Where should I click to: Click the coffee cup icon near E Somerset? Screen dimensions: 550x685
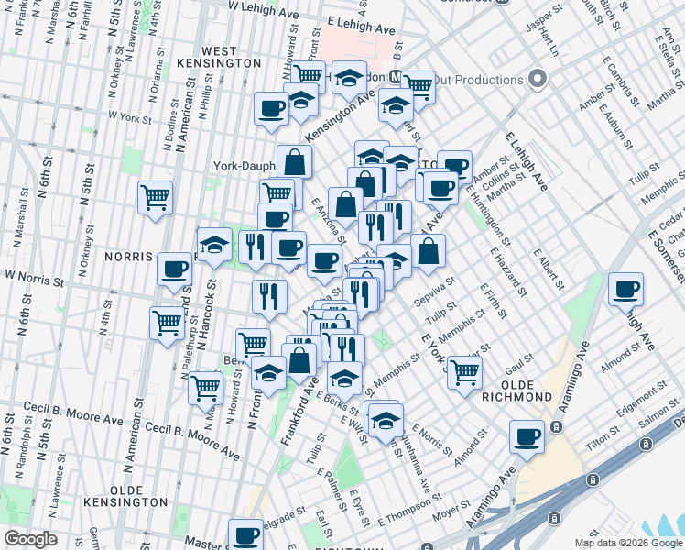pyautogui.click(x=626, y=291)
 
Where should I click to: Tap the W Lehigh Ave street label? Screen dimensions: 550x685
pyautogui.click(x=265, y=6)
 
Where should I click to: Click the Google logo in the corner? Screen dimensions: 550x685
pyautogui.click(x=30, y=539)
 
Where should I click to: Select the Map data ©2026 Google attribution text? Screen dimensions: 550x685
pyautogui.click(x=627, y=543)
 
